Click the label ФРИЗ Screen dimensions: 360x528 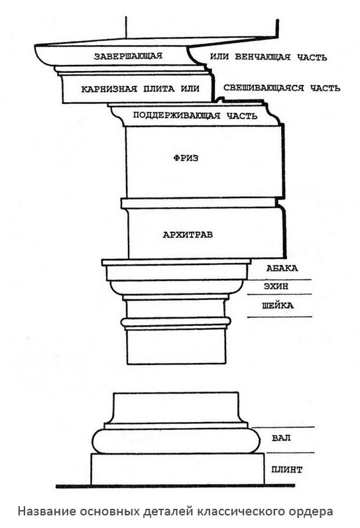(186, 158)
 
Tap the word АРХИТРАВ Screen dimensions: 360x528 (188, 235)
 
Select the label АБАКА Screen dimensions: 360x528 (282, 268)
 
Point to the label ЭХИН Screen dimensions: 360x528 (276, 287)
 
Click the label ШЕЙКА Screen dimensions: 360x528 (278, 306)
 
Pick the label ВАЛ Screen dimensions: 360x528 (281, 439)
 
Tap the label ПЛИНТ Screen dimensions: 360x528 (287, 470)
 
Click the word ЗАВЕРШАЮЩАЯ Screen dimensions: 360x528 (128, 56)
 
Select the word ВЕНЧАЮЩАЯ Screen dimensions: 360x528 (263, 57)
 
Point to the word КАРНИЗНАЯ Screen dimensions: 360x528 (109, 89)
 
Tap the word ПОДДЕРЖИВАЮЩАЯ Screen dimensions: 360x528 (176, 115)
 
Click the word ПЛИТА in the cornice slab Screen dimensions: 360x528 (159, 89)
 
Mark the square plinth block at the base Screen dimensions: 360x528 (178, 469)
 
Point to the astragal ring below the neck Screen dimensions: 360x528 (176, 323)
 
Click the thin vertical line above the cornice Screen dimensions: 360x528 (126, 27)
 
